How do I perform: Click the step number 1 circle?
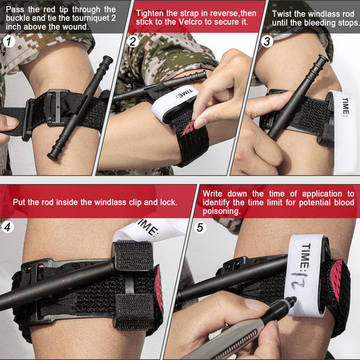[9, 42]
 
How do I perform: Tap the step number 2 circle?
[132, 42]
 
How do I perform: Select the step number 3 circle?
[267, 42]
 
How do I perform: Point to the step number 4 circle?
[7, 227]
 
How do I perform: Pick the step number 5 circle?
[200, 228]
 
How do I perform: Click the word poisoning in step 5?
[222, 211]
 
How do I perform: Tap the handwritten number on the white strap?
[298, 280]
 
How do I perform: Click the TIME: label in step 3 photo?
[345, 106]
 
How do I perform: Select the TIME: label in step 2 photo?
[185, 93]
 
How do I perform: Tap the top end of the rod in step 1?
[107, 59]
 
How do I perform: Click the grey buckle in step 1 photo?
[55, 107]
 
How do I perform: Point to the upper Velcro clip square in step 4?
[134, 255]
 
